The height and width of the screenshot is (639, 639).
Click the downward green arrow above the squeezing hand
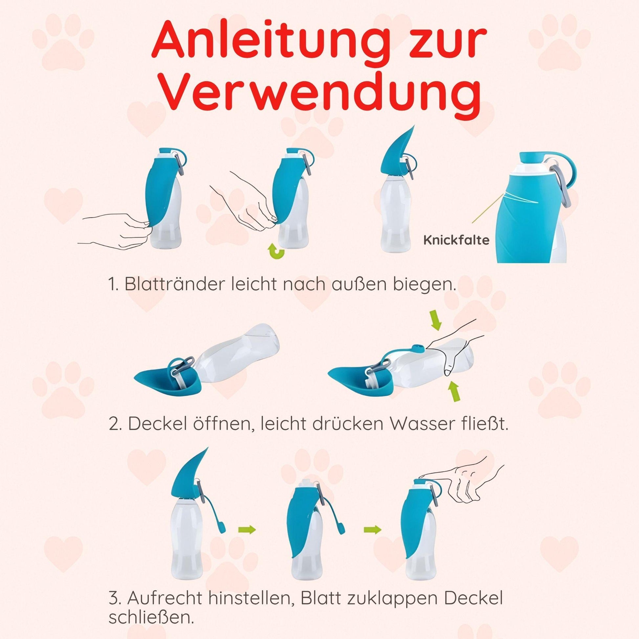tap(437, 321)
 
